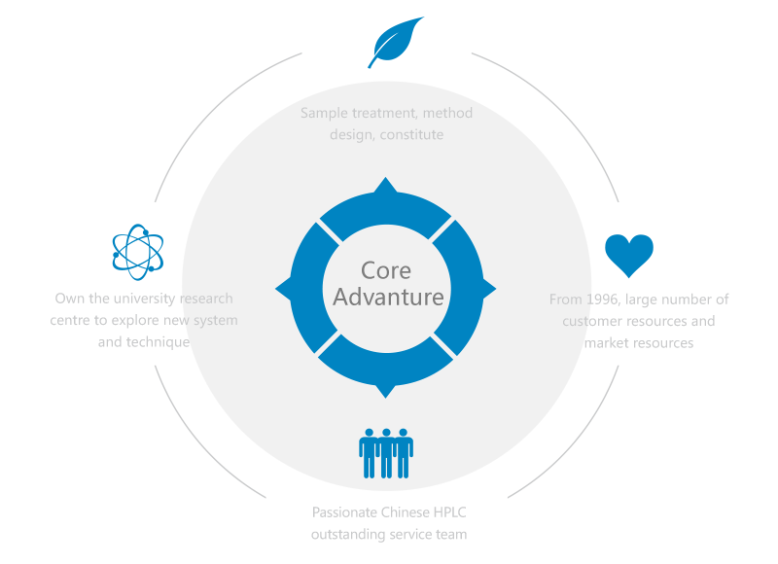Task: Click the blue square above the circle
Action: [395, 43]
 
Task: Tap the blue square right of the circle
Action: [628, 256]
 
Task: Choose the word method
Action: [449, 114]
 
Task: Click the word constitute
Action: [412, 135]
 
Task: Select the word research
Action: [207, 299]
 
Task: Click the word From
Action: [565, 300]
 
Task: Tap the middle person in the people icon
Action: [386, 452]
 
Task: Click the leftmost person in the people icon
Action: [369, 452]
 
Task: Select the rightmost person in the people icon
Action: [404, 452]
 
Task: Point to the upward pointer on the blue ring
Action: [386, 185]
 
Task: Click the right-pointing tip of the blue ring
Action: [489, 289]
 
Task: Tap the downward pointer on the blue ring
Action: [386, 391]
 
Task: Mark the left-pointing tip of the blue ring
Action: [283, 289]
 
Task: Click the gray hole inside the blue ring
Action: [386, 289]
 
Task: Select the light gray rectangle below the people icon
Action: [388, 523]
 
